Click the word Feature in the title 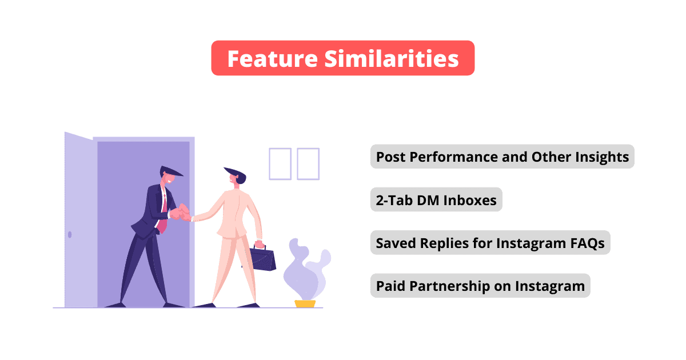273,58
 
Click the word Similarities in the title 392,58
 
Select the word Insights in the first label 602,157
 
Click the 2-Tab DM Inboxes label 436,200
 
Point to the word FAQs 587,243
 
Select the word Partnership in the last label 449,286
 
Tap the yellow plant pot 305,303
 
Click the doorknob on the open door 70,234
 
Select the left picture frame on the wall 280,164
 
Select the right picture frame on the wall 308,164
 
